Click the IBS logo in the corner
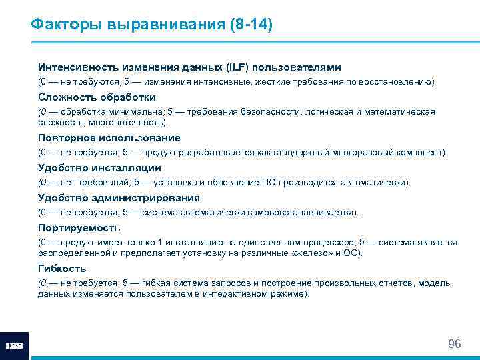(x=14, y=346)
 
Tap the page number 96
(x=455, y=344)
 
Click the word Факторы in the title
(x=63, y=25)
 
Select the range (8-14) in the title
(x=251, y=25)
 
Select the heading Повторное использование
(x=109, y=138)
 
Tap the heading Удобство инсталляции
(x=99, y=168)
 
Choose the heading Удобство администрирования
(x=119, y=198)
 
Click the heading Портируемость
(x=79, y=228)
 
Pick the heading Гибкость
(x=62, y=269)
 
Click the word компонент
(x=423, y=152)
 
